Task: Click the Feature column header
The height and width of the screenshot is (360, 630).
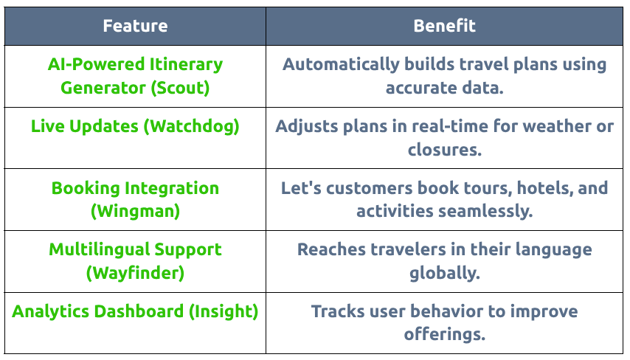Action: pyautogui.click(x=135, y=26)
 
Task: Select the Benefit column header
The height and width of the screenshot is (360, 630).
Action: pyautogui.click(x=444, y=26)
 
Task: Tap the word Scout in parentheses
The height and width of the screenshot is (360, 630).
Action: pyautogui.click(x=180, y=88)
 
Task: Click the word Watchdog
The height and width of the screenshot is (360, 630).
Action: pyautogui.click(x=191, y=127)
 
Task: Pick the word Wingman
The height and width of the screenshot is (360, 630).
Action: pyautogui.click(x=136, y=211)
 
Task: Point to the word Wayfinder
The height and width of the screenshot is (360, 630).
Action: pyautogui.click(x=136, y=273)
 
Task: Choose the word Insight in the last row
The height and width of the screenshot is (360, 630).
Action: pyautogui.click(x=224, y=312)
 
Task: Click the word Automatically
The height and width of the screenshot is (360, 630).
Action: pyautogui.click(x=341, y=65)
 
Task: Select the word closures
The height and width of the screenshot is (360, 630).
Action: pyautogui.click(x=445, y=150)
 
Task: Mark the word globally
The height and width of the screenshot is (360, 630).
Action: pyautogui.click(x=445, y=273)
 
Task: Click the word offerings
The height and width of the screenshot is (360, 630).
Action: pyautogui.click(x=445, y=335)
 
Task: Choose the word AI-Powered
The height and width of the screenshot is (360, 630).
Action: pyautogui.click(x=96, y=65)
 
